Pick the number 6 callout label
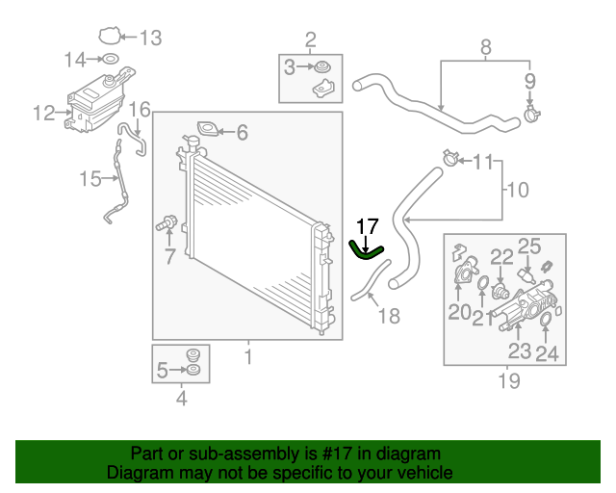point(242,133)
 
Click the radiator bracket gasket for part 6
point(206,128)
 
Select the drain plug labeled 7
point(166,225)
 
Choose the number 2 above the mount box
point(310,39)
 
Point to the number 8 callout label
point(485,45)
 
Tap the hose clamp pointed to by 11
point(447,156)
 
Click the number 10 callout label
point(517,190)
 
